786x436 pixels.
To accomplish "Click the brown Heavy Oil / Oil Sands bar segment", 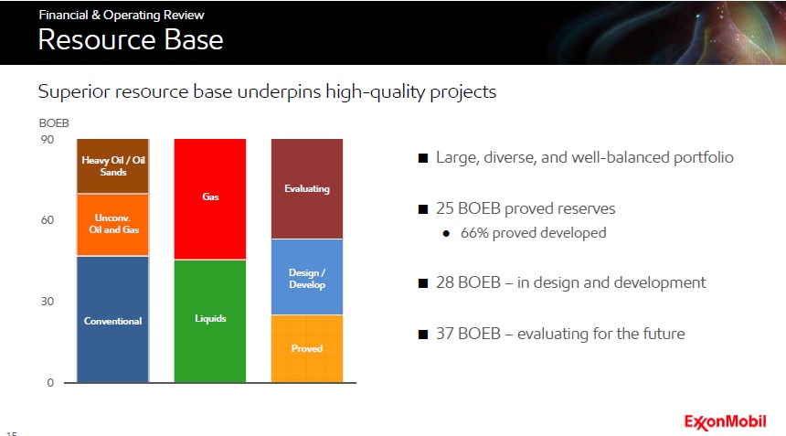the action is pyautogui.click(x=112, y=165).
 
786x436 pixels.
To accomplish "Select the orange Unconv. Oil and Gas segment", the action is pyautogui.click(x=112, y=225).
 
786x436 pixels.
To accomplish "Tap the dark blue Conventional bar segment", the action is pyautogui.click(x=112, y=319).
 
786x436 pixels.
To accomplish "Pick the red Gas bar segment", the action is pyautogui.click(x=210, y=199).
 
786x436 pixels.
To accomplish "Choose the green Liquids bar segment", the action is pyautogui.click(x=210, y=321).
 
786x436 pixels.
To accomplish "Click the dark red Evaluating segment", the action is pyautogui.click(x=307, y=188).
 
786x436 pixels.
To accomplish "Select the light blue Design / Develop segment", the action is pyautogui.click(x=307, y=277).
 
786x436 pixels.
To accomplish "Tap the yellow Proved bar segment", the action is pyautogui.click(x=307, y=349).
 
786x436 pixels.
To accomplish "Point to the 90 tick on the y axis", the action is pyautogui.click(x=48, y=140).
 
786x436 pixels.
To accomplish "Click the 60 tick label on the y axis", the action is pyautogui.click(x=48, y=220).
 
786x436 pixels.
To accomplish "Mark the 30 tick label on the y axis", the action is pyautogui.click(x=48, y=302).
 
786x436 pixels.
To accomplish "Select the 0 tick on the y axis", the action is pyautogui.click(x=50, y=383).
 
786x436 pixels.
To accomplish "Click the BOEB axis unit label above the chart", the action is pyautogui.click(x=54, y=123).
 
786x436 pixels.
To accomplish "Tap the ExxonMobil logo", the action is pyautogui.click(x=725, y=422).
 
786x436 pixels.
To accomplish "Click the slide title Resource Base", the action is pyautogui.click(x=131, y=39).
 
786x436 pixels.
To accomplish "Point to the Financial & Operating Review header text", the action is pyautogui.click(x=122, y=15).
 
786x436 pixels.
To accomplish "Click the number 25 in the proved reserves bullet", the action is pyautogui.click(x=444, y=208).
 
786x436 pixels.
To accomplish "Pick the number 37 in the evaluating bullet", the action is pyautogui.click(x=444, y=334).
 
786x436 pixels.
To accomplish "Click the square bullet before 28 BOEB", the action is pyautogui.click(x=423, y=283).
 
